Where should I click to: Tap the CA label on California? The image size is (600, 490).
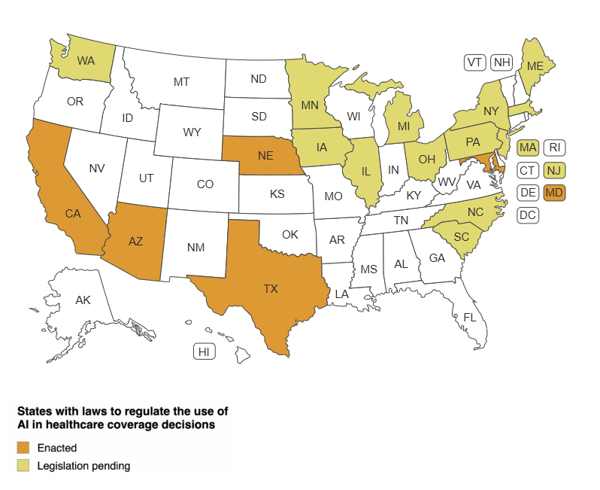pyautogui.click(x=73, y=214)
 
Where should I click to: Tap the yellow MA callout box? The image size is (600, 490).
pyautogui.click(x=528, y=147)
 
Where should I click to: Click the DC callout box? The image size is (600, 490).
pyautogui.click(x=528, y=215)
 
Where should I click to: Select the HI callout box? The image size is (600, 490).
pyautogui.click(x=203, y=352)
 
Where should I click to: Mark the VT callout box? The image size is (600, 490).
pyautogui.click(x=474, y=62)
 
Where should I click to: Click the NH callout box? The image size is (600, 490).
pyautogui.click(x=502, y=62)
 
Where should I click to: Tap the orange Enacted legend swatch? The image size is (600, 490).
pyautogui.click(x=23, y=448)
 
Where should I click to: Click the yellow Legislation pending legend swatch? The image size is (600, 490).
pyautogui.click(x=23, y=466)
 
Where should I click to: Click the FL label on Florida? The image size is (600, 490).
pyautogui.click(x=470, y=317)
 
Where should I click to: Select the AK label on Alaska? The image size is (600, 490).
pyautogui.click(x=83, y=300)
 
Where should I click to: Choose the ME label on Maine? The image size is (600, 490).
pyautogui.click(x=535, y=66)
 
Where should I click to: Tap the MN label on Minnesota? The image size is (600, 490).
pyautogui.click(x=310, y=105)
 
